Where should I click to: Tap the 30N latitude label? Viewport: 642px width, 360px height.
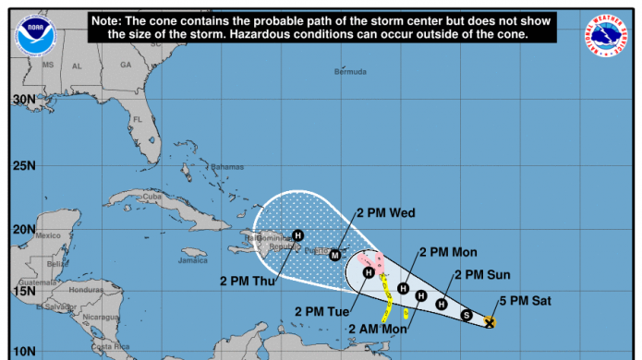24,99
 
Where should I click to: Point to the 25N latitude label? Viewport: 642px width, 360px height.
24,166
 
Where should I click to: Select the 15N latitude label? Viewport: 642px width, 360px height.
24,291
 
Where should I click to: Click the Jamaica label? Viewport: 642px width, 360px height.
192,260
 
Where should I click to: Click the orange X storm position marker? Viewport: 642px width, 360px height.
490,322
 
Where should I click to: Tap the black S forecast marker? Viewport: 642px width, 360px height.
466,316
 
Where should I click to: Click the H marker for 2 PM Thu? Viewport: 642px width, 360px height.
297,234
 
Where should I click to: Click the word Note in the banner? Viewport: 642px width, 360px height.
111,19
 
